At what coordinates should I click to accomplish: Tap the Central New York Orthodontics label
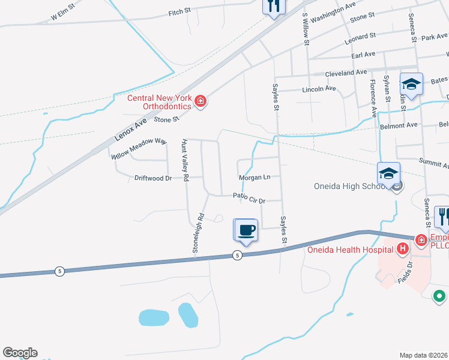[158, 102]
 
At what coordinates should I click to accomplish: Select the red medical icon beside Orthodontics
[200, 102]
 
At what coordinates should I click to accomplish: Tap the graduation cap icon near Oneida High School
[388, 173]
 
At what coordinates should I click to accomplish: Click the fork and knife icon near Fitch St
[274, 7]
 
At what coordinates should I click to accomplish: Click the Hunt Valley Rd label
[184, 160]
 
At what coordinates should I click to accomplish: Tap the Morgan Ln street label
[255, 178]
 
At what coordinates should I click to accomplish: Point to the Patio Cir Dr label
[249, 196]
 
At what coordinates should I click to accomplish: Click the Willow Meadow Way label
[138, 148]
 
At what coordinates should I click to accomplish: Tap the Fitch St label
[179, 12]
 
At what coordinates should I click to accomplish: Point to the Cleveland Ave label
[345, 73]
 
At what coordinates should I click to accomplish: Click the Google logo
[20, 353]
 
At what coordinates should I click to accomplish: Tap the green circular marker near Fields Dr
[439, 295]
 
